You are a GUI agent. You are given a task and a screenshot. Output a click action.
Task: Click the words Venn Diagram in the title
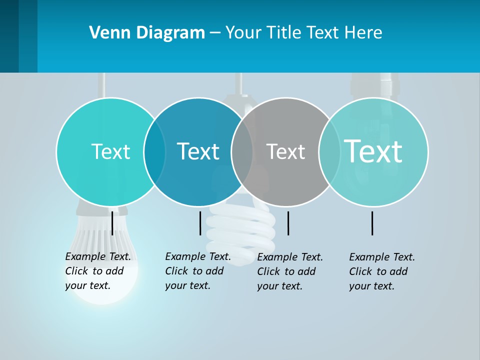click(x=147, y=33)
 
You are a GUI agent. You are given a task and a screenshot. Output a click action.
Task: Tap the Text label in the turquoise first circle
click(x=110, y=151)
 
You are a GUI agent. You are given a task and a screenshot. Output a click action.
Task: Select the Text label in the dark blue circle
click(x=198, y=151)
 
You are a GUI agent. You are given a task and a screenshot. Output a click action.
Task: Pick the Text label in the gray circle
click(x=285, y=151)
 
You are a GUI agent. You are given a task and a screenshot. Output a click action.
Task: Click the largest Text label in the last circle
click(x=373, y=151)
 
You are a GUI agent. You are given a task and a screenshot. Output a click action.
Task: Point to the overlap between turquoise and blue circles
click(x=154, y=152)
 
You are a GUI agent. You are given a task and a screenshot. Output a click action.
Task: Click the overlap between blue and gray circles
click(x=242, y=152)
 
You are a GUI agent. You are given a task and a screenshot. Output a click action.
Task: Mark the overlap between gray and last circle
click(x=329, y=152)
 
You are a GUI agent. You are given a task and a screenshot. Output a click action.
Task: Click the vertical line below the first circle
click(x=112, y=223)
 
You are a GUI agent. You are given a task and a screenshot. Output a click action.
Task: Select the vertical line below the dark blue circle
click(x=200, y=223)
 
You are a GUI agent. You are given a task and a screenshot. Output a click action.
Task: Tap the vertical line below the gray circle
click(x=288, y=223)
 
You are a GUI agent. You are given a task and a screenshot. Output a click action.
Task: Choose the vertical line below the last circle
click(x=372, y=223)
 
